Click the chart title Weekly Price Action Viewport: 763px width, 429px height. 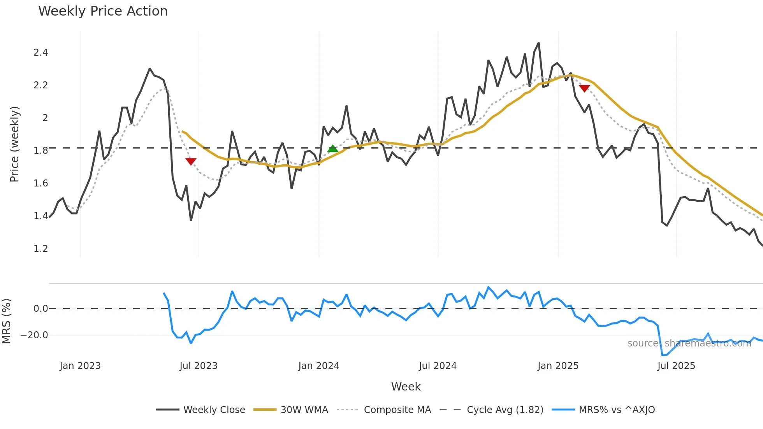pos(103,11)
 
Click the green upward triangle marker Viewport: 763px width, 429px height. pos(332,148)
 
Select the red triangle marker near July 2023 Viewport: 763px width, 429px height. pos(191,161)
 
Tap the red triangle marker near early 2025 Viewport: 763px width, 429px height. pos(584,88)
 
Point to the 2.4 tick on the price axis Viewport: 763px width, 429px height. pos(40,53)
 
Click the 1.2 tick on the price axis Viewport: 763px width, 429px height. pos(40,249)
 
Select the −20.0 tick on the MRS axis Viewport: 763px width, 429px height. pos(34,335)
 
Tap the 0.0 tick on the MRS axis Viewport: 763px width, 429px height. pos(40,309)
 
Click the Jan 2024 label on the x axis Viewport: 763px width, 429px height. pos(318,366)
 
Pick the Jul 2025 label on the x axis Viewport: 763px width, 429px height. pos(676,366)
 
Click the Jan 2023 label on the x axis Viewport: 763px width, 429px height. pos(80,366)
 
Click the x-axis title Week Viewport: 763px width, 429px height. pos(406,387)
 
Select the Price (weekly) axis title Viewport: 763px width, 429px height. pos(14,144)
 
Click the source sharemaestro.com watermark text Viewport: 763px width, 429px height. pos(689,343)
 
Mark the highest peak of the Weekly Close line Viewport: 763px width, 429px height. pos(539,43)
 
